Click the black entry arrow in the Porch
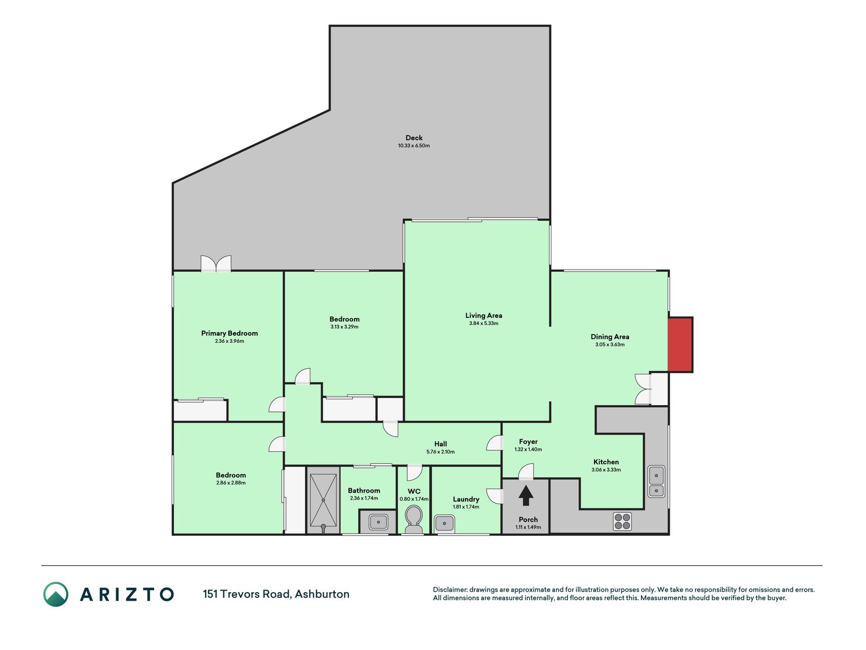click(526, 496)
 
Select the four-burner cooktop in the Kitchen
click(622, 522)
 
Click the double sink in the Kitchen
click(656, 481)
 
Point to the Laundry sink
click(445, 523)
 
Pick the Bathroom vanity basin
click(378, 522)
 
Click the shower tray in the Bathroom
click(323, 500)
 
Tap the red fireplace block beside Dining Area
click(680, 345)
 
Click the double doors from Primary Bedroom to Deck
click(216, 264)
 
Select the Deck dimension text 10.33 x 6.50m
click(414, 146)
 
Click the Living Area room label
click(484, 315)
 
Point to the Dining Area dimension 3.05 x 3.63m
click(610, 344)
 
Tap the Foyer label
click(528, 442)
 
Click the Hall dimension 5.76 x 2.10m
click(440, 451)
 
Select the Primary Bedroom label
click(229, 333)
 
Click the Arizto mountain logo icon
click(56, 594)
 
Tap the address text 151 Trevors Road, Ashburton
click(276, 594)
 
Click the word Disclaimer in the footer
click(449, 590)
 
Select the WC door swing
click(414, 473)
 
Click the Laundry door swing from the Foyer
click(494, 496)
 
